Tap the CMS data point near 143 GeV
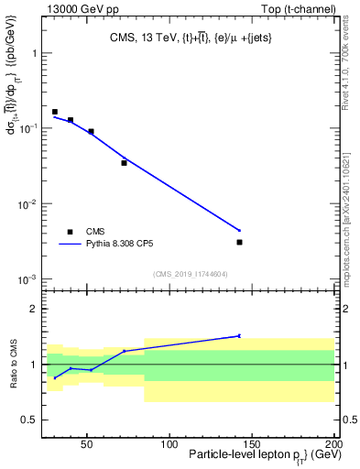click(239, 242)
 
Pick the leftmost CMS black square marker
click(55, 112)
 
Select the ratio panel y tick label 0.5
click(30, 420)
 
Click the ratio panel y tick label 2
click(35, 309)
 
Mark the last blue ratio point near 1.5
click(239, 336)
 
